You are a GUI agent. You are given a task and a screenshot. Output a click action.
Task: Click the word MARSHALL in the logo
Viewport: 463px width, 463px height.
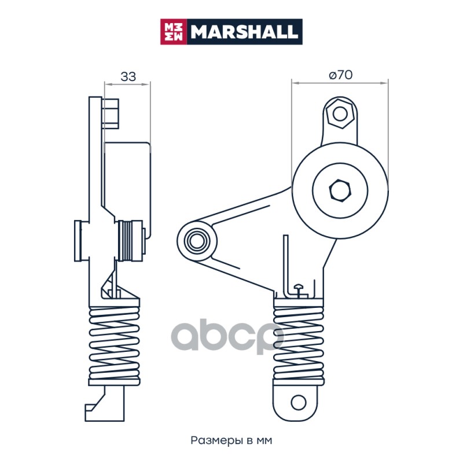pos(245,31)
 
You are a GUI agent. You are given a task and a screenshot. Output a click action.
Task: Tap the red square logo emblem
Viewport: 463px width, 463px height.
pos(172,31)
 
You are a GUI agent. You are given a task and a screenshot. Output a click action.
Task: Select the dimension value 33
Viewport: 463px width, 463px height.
pos(128,76)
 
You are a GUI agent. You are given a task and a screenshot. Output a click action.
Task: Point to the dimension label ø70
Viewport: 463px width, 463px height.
pos(340,75)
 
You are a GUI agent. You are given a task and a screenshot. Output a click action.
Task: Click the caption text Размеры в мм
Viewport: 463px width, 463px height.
pos(231,440)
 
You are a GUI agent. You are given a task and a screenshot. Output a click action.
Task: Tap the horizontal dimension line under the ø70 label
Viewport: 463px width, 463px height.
pos(340,83)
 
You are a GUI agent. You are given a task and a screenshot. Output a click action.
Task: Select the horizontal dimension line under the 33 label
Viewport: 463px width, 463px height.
pos(127,84)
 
